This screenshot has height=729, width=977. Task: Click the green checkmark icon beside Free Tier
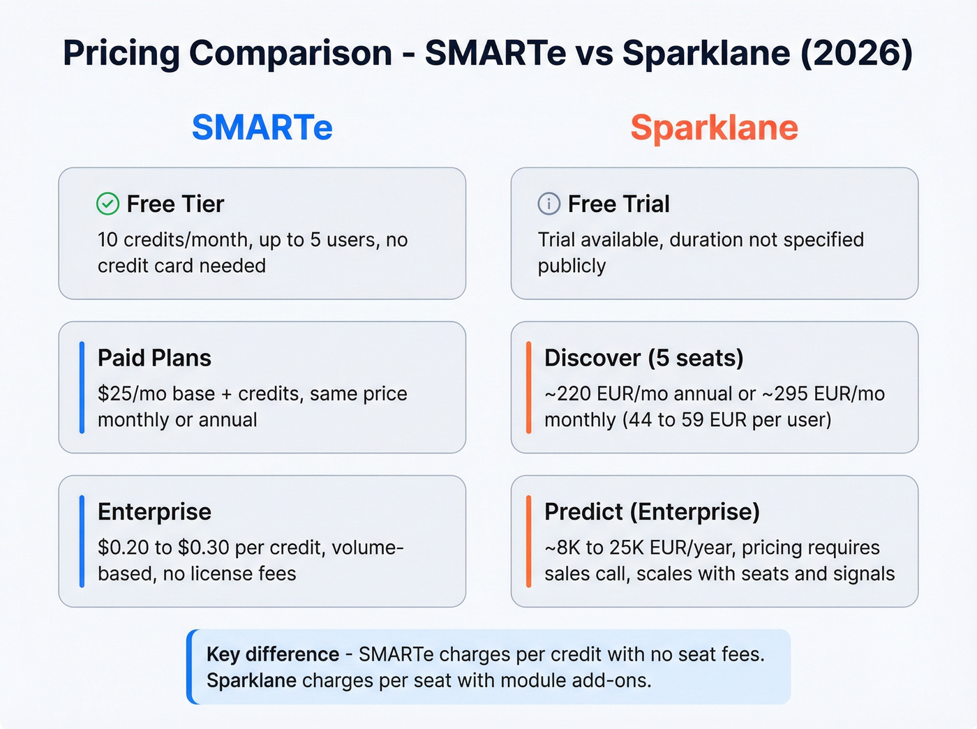[x=107, y=204]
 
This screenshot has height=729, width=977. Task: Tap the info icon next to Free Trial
[x=549, y=204]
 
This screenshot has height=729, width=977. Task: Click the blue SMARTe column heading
[x=262, y=128]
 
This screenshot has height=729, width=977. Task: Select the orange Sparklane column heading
[x=714, y=128]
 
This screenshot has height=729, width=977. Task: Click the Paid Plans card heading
[x=154, y=358]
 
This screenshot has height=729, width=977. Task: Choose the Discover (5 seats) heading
[x=643, y=358]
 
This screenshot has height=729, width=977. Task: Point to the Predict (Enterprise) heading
[x=652, y=511]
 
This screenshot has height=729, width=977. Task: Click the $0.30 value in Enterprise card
[x=204, y=548]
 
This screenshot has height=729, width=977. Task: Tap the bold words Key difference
[x=273, y=654]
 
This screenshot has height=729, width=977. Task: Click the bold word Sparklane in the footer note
[x=251, y=680]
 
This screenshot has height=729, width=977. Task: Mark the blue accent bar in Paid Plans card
[x=82, y=387]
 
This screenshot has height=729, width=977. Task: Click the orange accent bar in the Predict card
[x=528, y=541]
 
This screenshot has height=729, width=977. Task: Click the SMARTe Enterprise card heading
[x=154, y=511]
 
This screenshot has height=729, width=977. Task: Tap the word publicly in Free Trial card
[x=572, y=266]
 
